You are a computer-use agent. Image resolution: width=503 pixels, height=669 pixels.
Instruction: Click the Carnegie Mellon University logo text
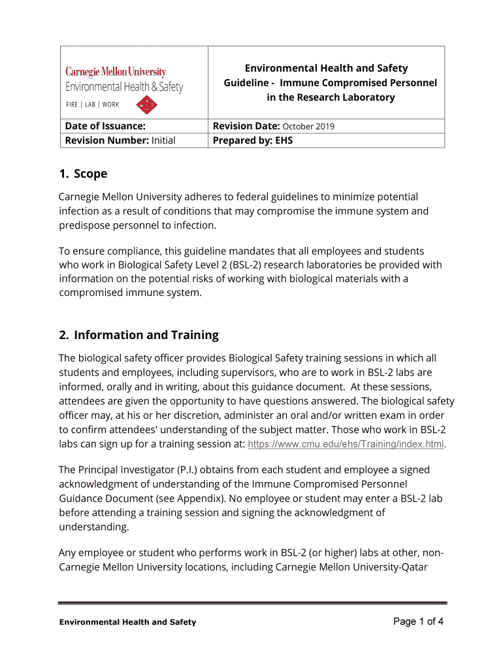tap(115, 72)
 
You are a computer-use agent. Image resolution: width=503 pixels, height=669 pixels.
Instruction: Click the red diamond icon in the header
tap(148, 104)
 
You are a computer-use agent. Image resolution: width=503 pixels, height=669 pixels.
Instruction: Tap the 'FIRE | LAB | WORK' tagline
tap(92, 105)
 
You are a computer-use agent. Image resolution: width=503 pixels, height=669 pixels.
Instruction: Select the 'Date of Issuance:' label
tap(105, 126)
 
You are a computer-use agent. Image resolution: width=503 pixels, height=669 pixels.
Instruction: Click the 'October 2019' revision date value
tap(308, 127)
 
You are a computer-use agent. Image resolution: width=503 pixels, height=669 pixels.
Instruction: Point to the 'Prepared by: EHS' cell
tap(253, 140)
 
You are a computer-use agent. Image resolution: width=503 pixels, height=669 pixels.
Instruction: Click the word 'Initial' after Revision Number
tap(163, 140)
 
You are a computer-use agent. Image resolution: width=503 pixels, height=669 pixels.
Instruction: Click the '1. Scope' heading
tap(83, 174)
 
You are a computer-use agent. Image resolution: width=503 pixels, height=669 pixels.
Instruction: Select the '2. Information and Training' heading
tap(138, 335)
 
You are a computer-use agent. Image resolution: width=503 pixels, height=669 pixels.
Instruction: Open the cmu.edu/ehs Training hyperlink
tap(346, 444)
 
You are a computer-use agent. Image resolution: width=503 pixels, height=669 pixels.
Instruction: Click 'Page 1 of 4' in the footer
tap(418, 621)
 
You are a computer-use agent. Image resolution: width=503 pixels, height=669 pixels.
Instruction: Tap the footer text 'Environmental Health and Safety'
tap(127, 623)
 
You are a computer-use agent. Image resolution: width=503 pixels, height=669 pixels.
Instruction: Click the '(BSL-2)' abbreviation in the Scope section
tap(283, 265)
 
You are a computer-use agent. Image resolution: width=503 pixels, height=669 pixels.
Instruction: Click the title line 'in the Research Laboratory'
tap(331, 97)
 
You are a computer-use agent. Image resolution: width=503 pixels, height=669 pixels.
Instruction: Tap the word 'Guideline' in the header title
tap(246, 83)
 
